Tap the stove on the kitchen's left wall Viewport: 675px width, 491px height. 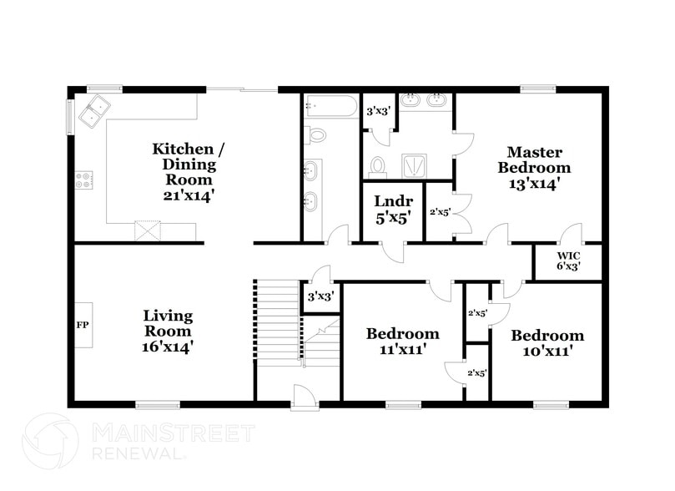tap(84, 178)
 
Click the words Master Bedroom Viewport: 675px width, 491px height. tap(535, 159)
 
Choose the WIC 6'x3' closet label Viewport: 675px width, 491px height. tap(567, 261)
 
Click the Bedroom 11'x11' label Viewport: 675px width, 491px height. tap(402, 342)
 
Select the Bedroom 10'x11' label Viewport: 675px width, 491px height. tap(547, 343)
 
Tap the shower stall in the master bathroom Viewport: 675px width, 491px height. tap(415, 166)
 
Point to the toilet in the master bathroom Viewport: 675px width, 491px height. tap(378, 165)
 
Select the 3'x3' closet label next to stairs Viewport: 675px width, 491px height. tap(320, 297)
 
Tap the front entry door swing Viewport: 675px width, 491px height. tap(305, 396)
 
